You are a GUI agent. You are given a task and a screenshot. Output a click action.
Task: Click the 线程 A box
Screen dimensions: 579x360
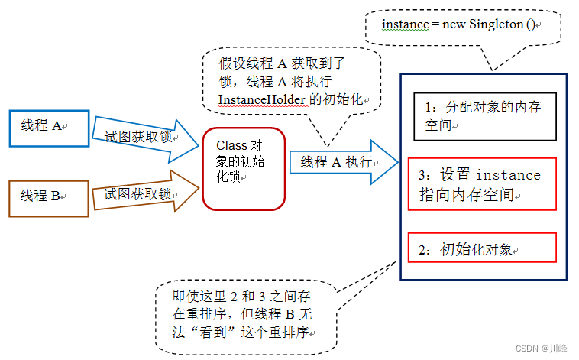tap(49, 128)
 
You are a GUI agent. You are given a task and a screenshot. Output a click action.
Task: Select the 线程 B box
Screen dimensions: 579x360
tap(49, 196)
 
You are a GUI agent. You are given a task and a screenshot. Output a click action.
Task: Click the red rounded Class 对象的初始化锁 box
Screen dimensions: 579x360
tap(243, 167)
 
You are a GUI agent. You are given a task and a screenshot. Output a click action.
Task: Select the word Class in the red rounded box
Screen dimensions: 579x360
tap(232, 145)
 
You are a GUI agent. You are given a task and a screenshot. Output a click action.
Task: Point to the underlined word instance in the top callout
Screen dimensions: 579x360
tap(405, 24)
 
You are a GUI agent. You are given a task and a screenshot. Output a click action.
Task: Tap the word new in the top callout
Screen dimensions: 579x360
tap(454, 24)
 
